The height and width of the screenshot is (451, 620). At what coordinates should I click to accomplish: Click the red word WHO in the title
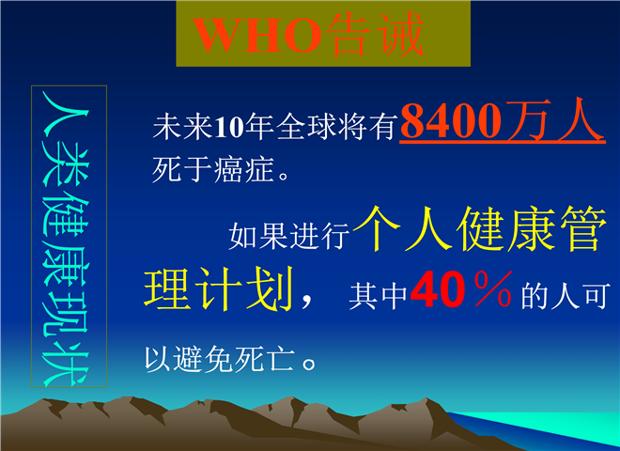click(x=257, y=35)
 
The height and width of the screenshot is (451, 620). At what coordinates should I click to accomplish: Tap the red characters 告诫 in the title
click(x=375, y=34)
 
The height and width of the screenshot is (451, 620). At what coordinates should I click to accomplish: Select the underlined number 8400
click(x=451, y=120)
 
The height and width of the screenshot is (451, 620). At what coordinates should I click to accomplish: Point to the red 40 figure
click(x=438, y=289)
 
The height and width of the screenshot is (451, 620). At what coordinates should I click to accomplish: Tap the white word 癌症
click(x=244, y=170)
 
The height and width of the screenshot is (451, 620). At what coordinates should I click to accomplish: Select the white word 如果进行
click(x=289, y=237)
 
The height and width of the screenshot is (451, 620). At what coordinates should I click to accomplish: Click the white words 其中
click(x=378, y=295)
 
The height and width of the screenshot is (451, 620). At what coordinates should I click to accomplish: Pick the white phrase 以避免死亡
click(x=220, y=359)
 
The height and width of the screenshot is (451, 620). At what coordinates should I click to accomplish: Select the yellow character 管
click(x=583, y=228)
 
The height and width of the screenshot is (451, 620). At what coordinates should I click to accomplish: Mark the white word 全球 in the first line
click(x=306, y=128)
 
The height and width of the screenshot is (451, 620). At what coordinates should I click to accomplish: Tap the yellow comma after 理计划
click(x=307, y=302)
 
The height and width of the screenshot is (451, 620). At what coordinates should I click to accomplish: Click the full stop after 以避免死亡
click(x=309, y=364)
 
